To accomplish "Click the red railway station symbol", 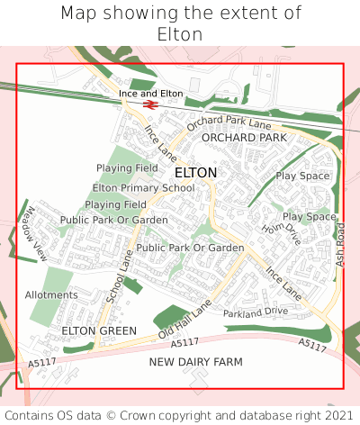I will [149, 104].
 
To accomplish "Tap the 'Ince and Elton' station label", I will [151, 94].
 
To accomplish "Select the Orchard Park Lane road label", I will [229, 122].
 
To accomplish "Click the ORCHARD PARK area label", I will [244, 137].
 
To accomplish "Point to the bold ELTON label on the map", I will [195, 172].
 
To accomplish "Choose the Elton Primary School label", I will [143, 188].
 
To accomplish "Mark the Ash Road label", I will [340, 244].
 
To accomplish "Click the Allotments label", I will [51, 294].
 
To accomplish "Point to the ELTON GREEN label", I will [99, 330].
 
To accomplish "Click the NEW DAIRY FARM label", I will [196, 361].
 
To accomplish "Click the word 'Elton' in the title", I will [180, 34].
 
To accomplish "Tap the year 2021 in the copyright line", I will [332, 415].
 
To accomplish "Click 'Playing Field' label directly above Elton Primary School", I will [127, 168].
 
